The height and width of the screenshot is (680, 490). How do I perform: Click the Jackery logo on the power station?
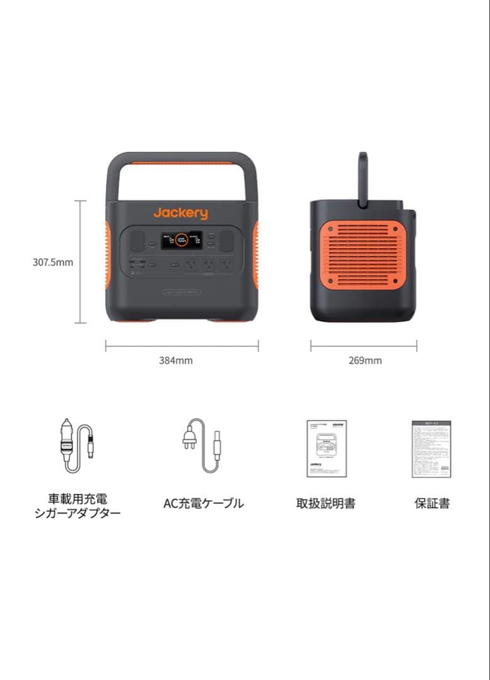tap(180, 213)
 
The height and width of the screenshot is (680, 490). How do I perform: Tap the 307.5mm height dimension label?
tap(53, 262)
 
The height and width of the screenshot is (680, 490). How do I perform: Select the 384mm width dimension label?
tap(176, 361)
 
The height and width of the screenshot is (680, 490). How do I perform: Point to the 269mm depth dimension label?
tap(365, 361)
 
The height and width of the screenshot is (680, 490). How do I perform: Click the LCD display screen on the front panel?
tap(182, 240)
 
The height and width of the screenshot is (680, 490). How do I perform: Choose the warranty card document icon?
tap(431, 448)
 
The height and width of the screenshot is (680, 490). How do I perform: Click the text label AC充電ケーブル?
tap(203, 504)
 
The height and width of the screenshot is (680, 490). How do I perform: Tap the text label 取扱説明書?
tap(325, 504)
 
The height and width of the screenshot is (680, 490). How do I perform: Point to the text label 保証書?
tap(432, 504)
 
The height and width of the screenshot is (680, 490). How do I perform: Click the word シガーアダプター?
tap(78, 513)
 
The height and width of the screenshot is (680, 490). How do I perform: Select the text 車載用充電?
tap(78, 499)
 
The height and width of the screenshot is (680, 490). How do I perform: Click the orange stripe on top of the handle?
tap(181, 163)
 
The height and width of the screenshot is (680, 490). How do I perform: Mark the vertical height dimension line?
tap(81, 262)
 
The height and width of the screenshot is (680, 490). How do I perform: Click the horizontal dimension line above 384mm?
tap(182, 345)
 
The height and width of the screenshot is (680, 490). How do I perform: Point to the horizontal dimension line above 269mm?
tap(363, 345)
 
